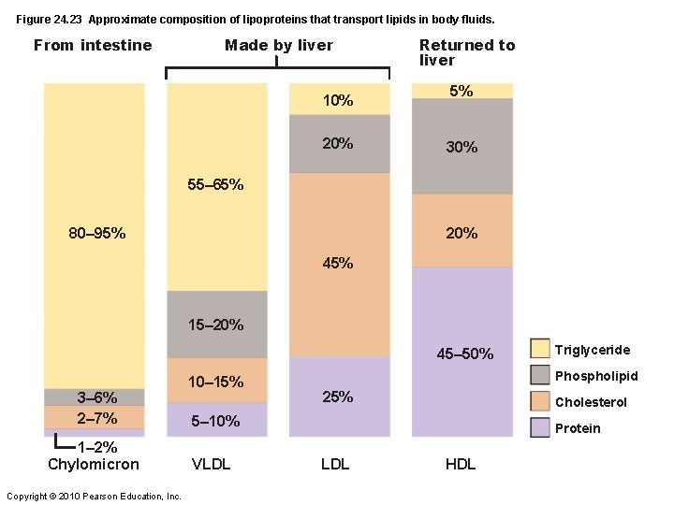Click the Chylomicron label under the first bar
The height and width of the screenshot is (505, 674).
pyautogui.click(x=94, y=465)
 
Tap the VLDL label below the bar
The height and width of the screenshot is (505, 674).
pyautogui.click(x=212, y=465)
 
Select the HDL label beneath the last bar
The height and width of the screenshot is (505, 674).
pyautogui.click(x=461, y=465)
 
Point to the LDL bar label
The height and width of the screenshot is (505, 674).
pyautogui.click(x=334, y=465)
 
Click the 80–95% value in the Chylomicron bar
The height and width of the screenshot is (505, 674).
pyautogui.click(x=97, y=233)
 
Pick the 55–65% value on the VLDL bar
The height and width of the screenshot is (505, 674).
pyautogui.click(x=215, y=185)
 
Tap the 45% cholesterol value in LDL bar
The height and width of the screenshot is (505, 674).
pyautogui.click(x=338, y=264)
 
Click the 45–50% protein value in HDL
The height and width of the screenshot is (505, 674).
pyautogui.click(x=464, y=353)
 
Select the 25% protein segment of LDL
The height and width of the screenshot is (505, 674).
pyautogui.click(x=338, y=397)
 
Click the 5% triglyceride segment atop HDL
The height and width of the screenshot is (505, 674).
pyautogui.click(x=462, y=91)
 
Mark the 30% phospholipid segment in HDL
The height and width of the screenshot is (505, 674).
pyautogui.click(x=462, y=147)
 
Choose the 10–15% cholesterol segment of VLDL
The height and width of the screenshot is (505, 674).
pyautogui.click(x=216, y=382)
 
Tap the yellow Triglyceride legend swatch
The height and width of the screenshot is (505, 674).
pyautogui.click(x=540, y=349)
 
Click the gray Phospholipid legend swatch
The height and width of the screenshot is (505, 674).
pyautogui.click(x=540, y=375)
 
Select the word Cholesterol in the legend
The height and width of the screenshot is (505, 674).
pyautogui.click(x=591, y=402)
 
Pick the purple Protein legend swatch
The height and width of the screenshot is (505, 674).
pyautogui.click(x=540, y=427)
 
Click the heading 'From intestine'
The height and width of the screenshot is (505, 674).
pyautogui.click(x=93, y=45)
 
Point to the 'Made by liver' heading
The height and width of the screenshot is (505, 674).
pyautogui.click(x=279, y=45)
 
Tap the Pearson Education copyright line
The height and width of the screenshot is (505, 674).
pyautogui.click(x=94, y=496)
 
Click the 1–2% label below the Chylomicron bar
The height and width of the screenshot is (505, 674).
pyautogui.click(x=97, y=447)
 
